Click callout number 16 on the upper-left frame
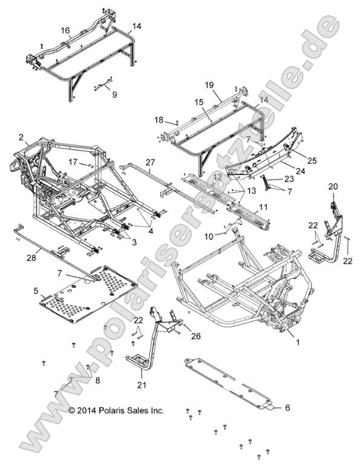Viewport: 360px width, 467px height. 65,30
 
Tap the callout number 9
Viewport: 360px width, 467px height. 114,94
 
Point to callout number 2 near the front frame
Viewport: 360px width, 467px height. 21,137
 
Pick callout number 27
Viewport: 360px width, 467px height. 150,162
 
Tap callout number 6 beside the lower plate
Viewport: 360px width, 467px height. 287,408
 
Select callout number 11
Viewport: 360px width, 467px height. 262,207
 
